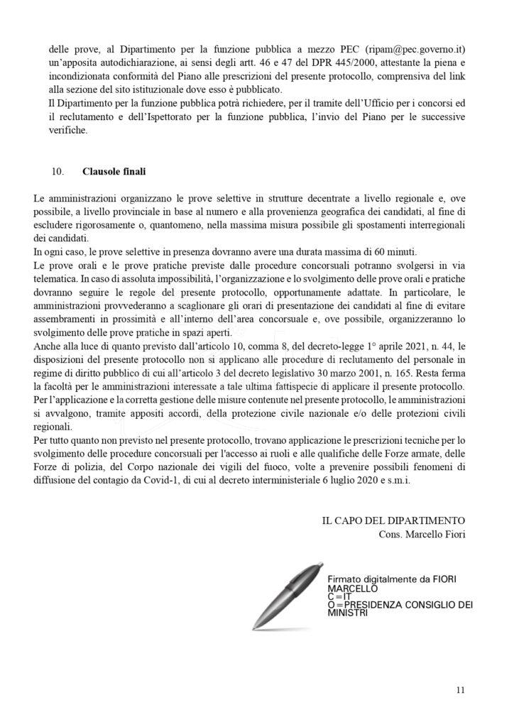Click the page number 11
461,689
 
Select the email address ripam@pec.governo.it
419,50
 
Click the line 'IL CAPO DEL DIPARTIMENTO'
393,520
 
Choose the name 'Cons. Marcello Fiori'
422,532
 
